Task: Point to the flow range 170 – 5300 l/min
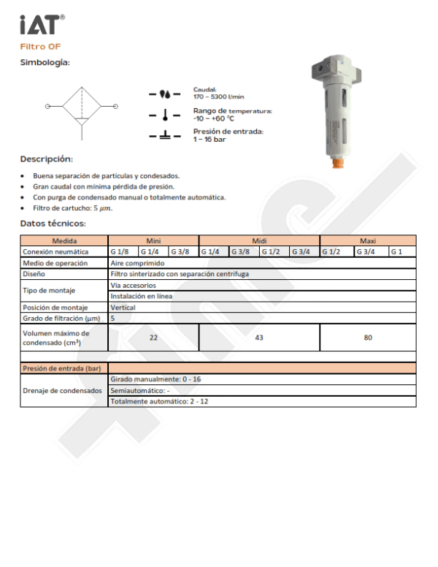(x=218, y=96)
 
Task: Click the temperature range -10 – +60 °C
(x=213, y=118)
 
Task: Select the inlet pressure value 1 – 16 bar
(x=209, y=139)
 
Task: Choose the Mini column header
(x=153, y=240)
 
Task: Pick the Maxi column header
(x=368, y=240)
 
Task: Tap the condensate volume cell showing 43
(x=259, y=338)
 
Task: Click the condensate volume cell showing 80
(x=368, y=338)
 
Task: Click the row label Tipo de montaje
(x=49, y=291)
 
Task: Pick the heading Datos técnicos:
(x=53, y=224)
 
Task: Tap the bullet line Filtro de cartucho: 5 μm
(x=73, y=208)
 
